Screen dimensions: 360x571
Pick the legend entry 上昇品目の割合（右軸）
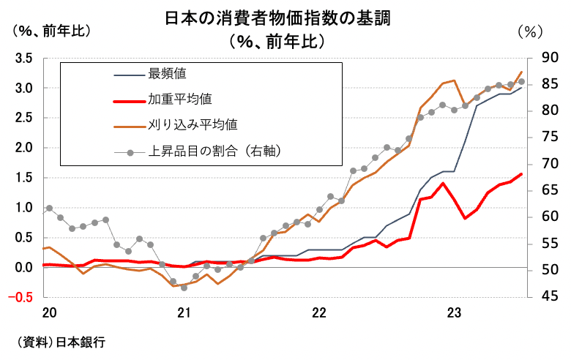tap(215, 151)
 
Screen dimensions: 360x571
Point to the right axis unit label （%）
tap(529, 31)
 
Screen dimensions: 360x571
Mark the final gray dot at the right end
tap(521, 82)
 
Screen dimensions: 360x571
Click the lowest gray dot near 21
tap(184, 288)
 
